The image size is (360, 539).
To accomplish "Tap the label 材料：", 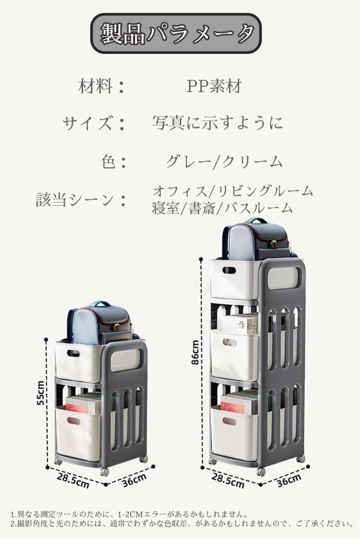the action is click(x=101, y=86).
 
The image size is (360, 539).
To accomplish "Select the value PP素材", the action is click(x=214, y=86).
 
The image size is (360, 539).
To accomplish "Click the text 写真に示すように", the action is click(x=217, y=122).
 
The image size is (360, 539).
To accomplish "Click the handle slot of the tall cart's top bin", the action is click(x=228, y=270).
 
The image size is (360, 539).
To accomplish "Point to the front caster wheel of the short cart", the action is click(x=105, y=472).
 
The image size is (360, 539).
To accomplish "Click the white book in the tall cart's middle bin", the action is click(x=238, y=324).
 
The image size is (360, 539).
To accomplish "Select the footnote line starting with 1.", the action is click(x=130, y=513).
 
